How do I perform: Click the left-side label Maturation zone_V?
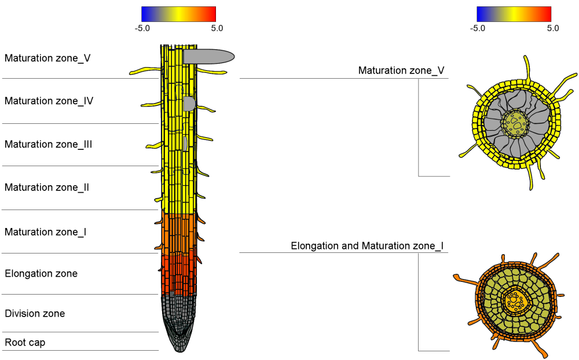click(x=47, y=58)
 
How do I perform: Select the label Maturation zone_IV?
click(x=49, y=101)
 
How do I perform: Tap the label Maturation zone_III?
click(x=49, y=144)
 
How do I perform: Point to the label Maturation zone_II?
click(x=47, y=187)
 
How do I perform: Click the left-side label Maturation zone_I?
click(x=46, y=232)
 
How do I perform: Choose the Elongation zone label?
click(x=41, y=273)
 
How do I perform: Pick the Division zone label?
click(x=35, y=313)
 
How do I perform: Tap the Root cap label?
click(x=25, y=342)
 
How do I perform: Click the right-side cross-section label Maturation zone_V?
click(x=401, y=71)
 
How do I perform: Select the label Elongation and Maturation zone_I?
click(x=367, y=246)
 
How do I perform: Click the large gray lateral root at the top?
click(x=208, y=56)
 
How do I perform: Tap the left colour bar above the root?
click(x=178, y=14)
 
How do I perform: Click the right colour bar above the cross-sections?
click(x=514, y=14)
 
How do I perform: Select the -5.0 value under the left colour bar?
click(x=142, y=27)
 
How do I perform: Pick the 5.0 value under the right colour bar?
click(x=552, y=27)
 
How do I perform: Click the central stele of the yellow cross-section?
click(x=515, y=122)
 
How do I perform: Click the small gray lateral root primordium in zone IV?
click(x=189, y=104)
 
